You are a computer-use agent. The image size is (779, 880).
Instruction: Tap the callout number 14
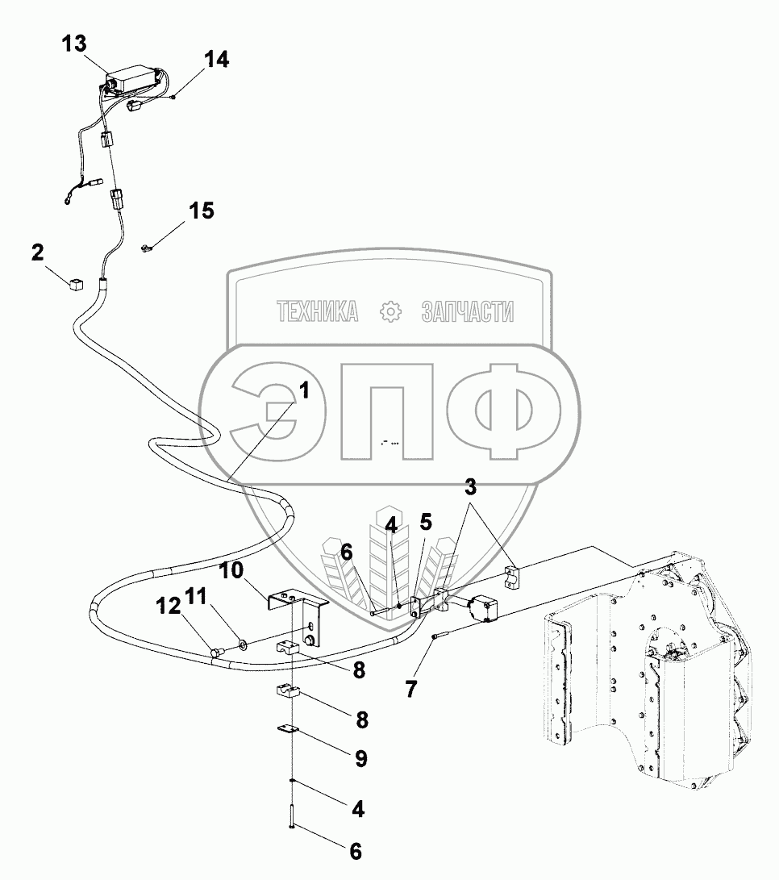point(215,59)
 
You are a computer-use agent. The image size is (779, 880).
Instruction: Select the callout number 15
point(202,211)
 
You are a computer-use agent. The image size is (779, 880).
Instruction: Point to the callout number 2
point(38,252)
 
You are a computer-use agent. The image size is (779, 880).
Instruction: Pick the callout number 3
point(469,486)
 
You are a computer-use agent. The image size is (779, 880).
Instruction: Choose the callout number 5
point(425,522)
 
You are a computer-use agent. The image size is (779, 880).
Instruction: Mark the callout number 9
point(360,758)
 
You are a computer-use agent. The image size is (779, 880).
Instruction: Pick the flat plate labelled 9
point(286,730)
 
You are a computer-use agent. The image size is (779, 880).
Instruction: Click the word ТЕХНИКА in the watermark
point(318,311)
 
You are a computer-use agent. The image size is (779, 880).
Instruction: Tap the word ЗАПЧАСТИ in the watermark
point(467,311)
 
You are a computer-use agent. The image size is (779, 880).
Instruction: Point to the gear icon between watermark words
point(390,311)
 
